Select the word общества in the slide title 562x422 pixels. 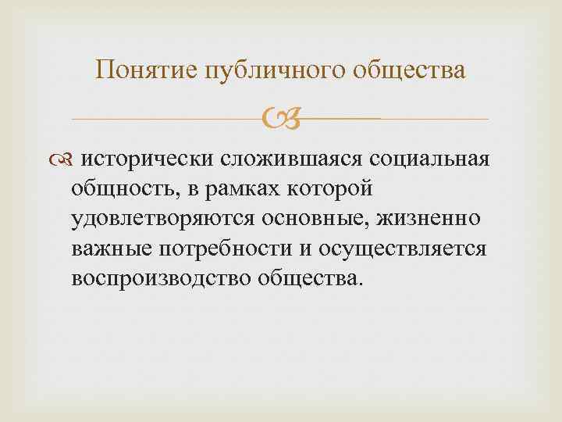(411, 71)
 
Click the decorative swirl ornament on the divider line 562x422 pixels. (280, 120)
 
